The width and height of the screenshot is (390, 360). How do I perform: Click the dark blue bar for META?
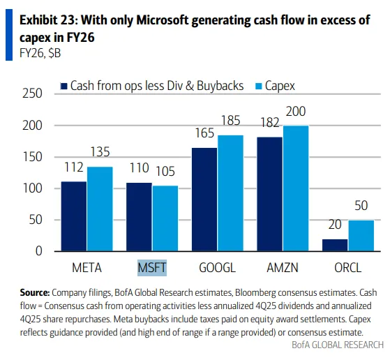point(74,216)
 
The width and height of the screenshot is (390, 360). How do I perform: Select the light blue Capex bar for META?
point(99,209)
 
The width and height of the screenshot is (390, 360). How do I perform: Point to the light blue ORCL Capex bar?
point(361,236)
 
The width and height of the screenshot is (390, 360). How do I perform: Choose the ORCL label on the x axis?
point(348,267)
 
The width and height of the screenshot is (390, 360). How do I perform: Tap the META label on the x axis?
point(87,267)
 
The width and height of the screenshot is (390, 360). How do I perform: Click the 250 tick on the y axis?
point(33,94)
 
